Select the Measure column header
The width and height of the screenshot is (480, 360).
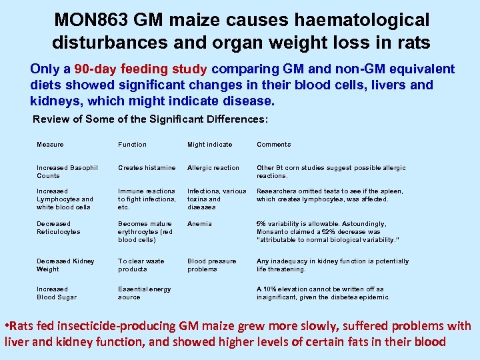click(51, 145)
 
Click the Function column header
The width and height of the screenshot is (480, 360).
click(132, 145)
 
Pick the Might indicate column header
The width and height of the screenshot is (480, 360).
click(210, 145)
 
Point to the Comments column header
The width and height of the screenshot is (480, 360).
click(274, 145)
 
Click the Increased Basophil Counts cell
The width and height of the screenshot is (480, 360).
click(67, 172)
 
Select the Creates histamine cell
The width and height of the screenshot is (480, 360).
click(147, 168)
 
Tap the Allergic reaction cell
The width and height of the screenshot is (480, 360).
click(213, 168)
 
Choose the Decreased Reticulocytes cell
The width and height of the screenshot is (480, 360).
click(58, 228)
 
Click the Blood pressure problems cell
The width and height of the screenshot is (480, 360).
click(211, 265)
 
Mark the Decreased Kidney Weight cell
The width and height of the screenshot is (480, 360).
click(65, 265)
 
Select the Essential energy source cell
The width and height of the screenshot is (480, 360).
click(144, 293)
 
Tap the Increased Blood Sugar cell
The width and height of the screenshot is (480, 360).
click(57, 293)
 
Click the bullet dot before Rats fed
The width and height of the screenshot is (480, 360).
click(7, 326)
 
